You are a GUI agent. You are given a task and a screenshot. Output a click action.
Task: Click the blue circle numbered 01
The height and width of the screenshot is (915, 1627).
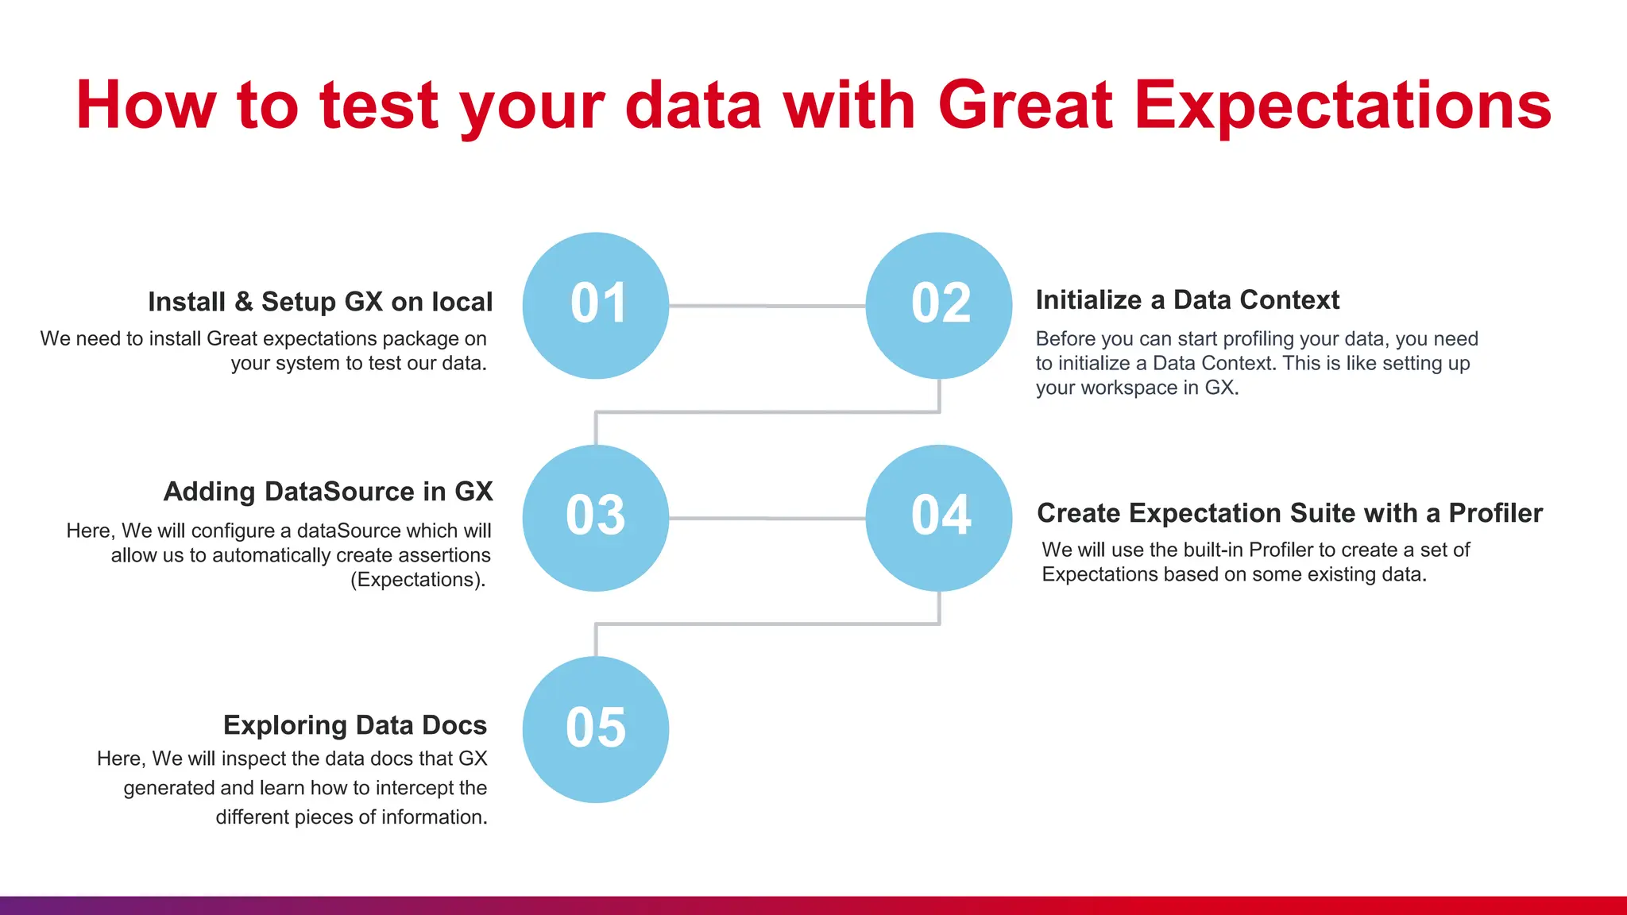(x=596, y=306)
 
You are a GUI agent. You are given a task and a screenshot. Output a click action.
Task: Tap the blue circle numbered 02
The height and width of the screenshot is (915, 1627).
(x=939, y=306)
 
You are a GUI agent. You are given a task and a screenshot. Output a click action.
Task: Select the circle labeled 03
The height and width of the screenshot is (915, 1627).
(x=596, y=518)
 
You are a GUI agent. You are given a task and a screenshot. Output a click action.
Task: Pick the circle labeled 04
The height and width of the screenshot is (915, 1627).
(x=939, y=518)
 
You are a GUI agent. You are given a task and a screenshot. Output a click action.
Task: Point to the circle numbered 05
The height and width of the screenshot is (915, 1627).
(x=596, y=729)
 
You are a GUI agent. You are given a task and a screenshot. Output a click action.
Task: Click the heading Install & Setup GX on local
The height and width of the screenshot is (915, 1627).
(x=320, y=302)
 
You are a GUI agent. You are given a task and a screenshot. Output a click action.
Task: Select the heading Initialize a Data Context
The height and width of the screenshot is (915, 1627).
(x=1187, y=300)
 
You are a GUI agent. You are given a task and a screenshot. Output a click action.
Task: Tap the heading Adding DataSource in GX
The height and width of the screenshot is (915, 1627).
(x=328, y=492)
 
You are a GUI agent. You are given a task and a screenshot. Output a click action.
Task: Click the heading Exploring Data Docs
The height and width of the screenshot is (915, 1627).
(x=354, y=725)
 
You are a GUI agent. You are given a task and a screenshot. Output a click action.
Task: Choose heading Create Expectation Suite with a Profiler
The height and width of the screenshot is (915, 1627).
(x=1289, y=513)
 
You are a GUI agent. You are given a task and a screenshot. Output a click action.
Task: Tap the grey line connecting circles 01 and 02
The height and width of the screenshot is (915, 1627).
(x=767, y=306)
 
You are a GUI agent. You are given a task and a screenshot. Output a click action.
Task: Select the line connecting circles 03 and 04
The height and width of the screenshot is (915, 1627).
(x=767, y=518)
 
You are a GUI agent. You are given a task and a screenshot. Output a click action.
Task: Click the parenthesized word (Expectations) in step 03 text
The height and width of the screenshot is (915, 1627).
(x=418, y=580)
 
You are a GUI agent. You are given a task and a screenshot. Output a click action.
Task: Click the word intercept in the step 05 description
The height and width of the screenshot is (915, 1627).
(x=413, y=788)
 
